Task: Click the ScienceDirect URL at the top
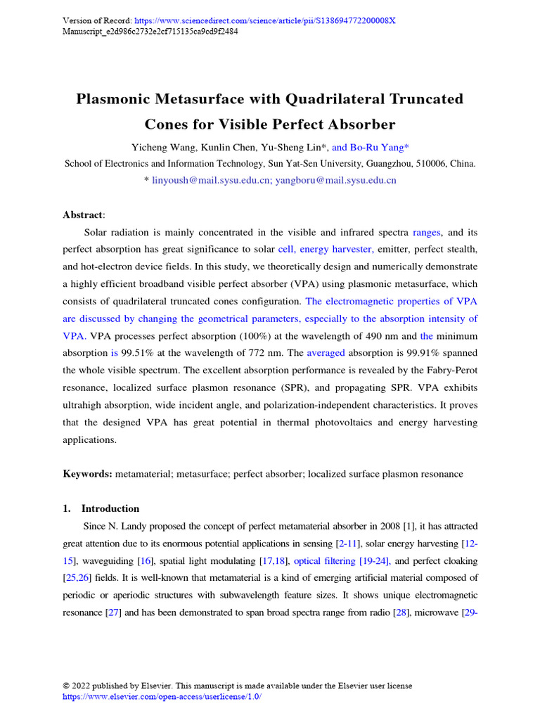click(x=262, y=20)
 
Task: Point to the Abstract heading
click(x=83, y=215)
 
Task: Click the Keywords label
click(x=87, y=474)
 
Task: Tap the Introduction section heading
click(x=110, y=508)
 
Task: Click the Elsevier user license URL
click(x=162, y=696)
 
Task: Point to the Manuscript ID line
click(x=150, y=31)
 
